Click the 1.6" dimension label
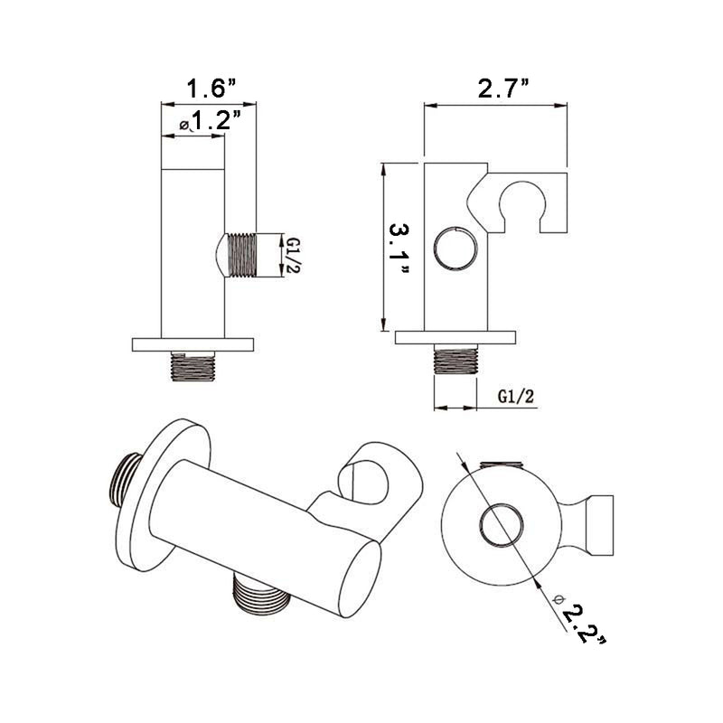211,89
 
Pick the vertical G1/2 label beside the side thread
293,254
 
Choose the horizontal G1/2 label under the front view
515,397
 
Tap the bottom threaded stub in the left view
193,365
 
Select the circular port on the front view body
454,247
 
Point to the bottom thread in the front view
455,360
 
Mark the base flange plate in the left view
193,344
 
